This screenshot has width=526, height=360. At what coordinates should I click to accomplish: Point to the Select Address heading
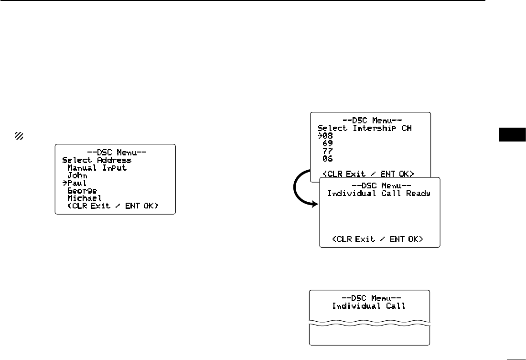click(97, 160)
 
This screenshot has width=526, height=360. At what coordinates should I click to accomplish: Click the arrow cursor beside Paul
click(65, 183)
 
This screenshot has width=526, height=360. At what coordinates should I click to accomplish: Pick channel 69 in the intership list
click(328, 143)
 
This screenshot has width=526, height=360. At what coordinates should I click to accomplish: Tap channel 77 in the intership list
click(328, 151)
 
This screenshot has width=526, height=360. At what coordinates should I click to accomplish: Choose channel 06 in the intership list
click(328, 158)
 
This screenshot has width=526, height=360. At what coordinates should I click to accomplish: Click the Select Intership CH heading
click(365, 128)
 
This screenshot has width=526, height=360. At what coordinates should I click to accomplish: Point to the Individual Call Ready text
click(379, 193)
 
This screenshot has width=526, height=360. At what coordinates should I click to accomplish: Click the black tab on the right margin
click(512, 135)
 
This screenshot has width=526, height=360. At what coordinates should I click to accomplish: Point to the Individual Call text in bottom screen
click(369, 305)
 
